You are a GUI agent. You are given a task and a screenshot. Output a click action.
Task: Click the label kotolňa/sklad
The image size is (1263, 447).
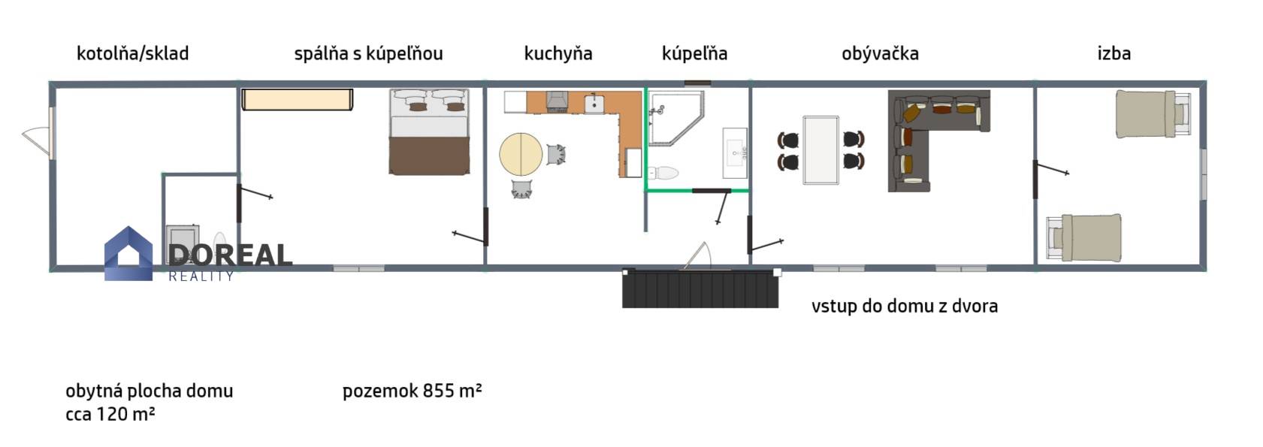pyautogui.click(x=132, y=54)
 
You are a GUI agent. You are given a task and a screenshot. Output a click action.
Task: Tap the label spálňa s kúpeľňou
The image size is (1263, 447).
pyautogui.click(x=368, y=54)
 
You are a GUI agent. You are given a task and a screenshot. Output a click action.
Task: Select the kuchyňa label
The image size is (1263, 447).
pyautogui.click(x=558, y=54)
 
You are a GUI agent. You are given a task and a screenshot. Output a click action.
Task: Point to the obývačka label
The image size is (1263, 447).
pyautogui.click(x=880, y=54)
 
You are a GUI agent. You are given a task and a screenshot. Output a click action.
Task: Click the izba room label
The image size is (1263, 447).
pyautogui.click(x=1114, y=53)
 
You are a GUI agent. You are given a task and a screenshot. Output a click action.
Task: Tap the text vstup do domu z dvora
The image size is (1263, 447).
pyautogui.click(x=905, y=306)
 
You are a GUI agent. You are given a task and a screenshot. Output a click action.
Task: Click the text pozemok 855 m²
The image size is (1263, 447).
pyautogui.click(x=412, y=391)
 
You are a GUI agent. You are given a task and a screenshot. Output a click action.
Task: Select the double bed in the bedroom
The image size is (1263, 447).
pyautogui.click(x=429, y=131)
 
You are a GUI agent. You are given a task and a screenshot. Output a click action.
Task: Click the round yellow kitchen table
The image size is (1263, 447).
pyautogui.click(x=521, y=154)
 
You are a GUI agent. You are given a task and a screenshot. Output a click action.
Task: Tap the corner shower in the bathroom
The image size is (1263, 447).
pyautogui.click(x=675, y=119)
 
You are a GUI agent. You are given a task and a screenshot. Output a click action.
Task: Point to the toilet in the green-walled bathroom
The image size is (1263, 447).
pyautogui.click(x=663, y=173)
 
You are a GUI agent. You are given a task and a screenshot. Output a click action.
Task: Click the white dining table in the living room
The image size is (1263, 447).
pyautogui.click(x=820, y=150)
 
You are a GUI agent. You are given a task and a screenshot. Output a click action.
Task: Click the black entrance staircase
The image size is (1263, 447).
pyautogui.click(x=700, y=288)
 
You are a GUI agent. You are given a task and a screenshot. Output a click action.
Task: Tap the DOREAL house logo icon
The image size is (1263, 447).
pyautogui.click(x=128, y=254)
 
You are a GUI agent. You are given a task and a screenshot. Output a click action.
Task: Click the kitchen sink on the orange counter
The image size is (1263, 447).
pyautogui.click(x=594, y=104)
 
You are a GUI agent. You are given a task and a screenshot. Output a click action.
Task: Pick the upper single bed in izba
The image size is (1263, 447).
pyautogui.click(x=1153, y=114)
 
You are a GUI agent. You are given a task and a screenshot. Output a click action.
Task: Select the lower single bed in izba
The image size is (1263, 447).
pyautogui.click(x=1083, y=238)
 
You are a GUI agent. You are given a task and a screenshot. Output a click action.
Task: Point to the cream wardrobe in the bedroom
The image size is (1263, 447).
pyautogui.click(x=297, y=99)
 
